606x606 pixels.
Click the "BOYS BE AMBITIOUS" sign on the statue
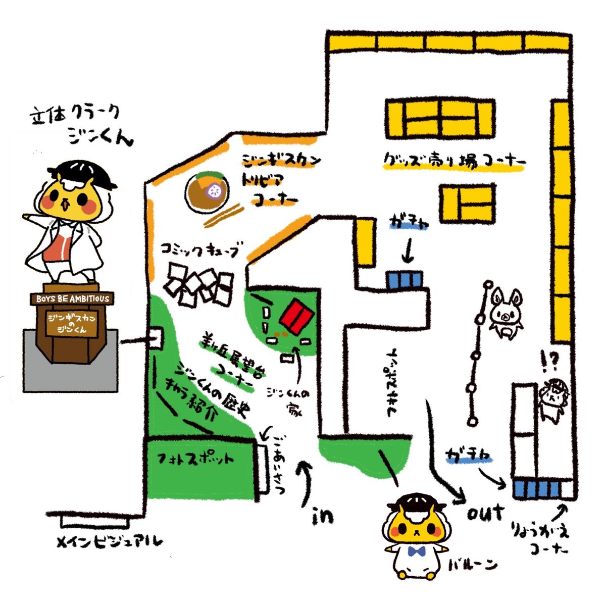(x=72, y=298)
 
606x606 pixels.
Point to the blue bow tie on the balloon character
(x=416, y=551)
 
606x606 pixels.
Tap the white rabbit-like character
(x=503, y=312)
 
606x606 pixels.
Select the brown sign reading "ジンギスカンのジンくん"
(x=71, y=323)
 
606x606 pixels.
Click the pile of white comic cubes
(x=199, y=287)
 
